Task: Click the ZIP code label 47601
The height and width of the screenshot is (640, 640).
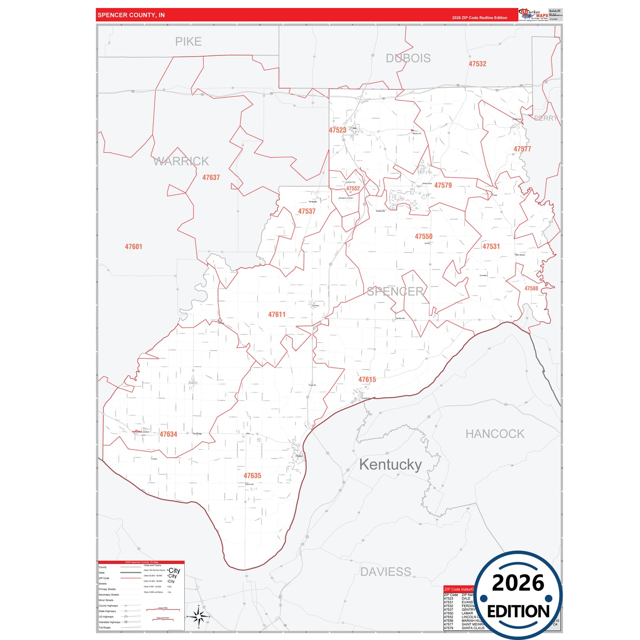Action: coord(133,247)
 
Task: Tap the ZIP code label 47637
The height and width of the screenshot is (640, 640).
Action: coord(211,178)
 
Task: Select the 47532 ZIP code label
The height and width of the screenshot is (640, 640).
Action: coord(477,64)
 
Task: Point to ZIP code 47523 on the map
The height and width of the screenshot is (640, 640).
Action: coord(337,130)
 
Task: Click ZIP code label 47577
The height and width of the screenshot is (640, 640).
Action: coord(522,149)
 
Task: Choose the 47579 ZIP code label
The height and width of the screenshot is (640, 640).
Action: coord(443,186)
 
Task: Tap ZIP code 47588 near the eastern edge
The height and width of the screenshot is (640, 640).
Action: coord(531,288)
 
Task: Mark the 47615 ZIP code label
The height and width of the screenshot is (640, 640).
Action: coord(367,380)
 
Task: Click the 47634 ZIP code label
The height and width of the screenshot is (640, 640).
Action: coord(168,434)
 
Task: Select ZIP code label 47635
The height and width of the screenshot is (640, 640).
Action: coord(252,476)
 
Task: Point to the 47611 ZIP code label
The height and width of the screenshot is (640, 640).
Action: coord(277,314)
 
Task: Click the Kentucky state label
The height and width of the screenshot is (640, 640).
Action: coord(390,465)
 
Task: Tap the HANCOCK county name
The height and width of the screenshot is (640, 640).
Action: coord(495,434)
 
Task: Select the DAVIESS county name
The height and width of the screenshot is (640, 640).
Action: coord(385,572)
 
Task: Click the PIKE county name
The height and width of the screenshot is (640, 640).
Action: coord(188,42)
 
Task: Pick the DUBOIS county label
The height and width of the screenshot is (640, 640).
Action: coord(408,58)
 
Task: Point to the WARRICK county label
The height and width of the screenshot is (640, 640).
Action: coord(181,161)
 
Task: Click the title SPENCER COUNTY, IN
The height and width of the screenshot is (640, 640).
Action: coord(131,15)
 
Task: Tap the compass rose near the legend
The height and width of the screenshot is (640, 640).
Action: coord(198,616)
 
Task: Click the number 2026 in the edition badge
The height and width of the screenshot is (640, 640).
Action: coord(518,583)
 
